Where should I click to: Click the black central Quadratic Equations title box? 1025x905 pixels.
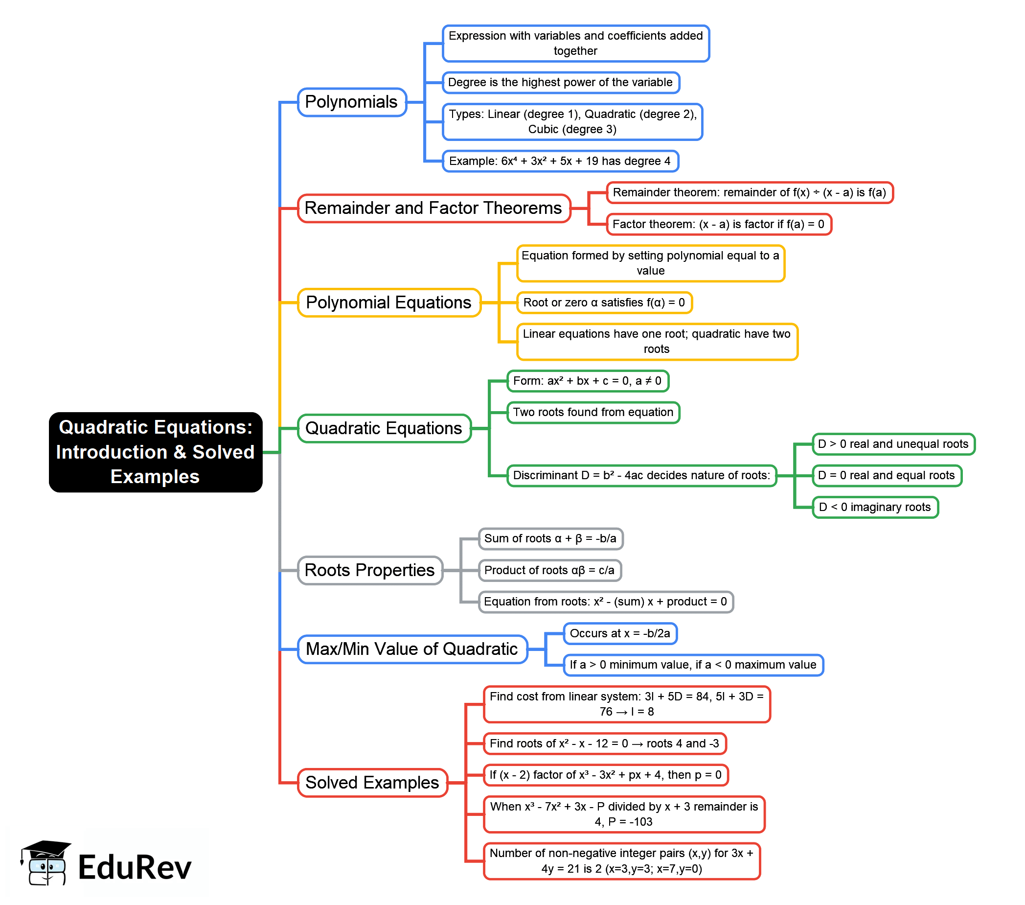[156, 452]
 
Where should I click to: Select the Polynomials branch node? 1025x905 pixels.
[351, 102]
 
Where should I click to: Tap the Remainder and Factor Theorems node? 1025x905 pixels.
[434, 208]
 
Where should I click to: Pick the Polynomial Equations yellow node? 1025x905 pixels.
[389, 302]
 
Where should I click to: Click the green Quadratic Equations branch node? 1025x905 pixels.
[384, 428]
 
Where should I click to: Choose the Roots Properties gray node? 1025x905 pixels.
[370, 570]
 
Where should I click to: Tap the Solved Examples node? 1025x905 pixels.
[373, 783]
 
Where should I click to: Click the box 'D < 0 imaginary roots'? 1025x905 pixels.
[875, 507]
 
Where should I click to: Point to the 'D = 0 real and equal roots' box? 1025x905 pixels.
[887, 476]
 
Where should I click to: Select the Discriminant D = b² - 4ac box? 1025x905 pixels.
[642, 476]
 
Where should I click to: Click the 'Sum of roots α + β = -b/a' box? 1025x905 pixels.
[550, 539]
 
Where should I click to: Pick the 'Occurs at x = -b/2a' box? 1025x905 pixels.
[620, 634]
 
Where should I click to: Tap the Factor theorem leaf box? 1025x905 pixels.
[719, 224]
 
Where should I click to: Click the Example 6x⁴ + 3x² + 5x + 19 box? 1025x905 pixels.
[560, 161]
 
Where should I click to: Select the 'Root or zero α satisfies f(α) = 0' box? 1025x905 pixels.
[604, 302]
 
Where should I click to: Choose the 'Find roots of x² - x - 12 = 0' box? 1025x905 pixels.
[605, 743]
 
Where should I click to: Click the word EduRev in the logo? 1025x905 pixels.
[135, 867]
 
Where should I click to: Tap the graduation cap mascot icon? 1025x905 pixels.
[45, 862]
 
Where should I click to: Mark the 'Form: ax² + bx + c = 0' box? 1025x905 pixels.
[588, 381]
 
